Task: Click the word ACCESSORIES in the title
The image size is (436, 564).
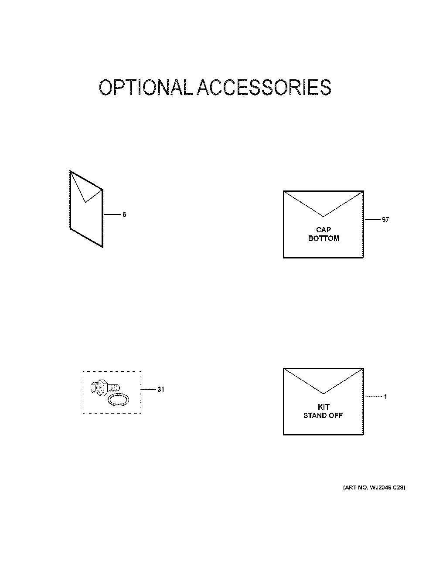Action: (x=264, y=87)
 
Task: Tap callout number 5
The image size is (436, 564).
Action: (x=124, y=214)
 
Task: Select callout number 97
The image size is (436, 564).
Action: (x=385, y=220)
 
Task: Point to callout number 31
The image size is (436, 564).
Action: (x=160, y=390)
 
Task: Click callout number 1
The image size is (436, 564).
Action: (x=385, y=397)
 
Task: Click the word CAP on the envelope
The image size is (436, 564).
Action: (x=324, y=230)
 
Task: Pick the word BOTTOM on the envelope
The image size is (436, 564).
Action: (x=324, y=238)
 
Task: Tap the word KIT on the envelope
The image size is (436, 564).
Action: (x=324, y=407)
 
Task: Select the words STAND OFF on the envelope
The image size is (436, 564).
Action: (x=323, y=415)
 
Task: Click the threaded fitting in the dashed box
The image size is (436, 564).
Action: (x=105, y=388)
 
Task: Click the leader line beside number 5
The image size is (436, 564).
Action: (x=112, y=214)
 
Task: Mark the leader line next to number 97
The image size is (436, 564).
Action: (x=373, y=220)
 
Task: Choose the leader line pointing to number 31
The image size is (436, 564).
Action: (x=148, y=390)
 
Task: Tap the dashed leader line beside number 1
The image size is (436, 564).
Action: (x=374, y=397)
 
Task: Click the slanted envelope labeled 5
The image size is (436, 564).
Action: (x=86, y=209)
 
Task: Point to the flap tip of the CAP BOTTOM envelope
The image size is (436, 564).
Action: (x=324, y=216)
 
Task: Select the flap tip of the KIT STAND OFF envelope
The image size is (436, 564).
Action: (x=324, y=394)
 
